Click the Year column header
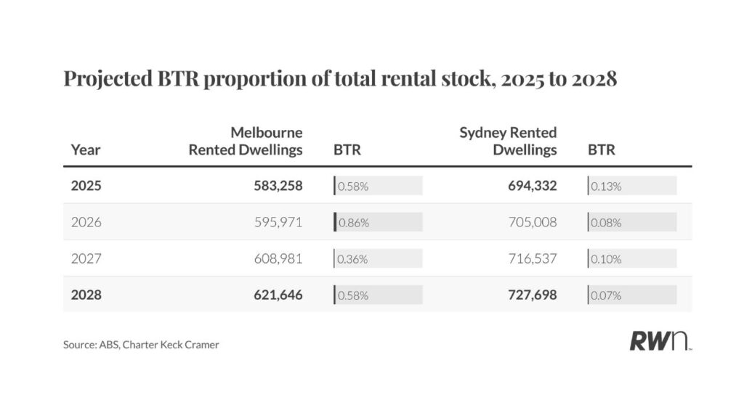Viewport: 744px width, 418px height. (x=86, y=150)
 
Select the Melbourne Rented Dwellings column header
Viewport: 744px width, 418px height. (x=246, y=142)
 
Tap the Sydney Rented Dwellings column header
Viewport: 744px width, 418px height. (x=508, y=142)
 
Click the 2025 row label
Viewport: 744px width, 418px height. (x=86, y=186)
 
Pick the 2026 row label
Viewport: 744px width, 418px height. (x=86, y=222)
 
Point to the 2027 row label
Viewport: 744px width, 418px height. (x=86, y=258)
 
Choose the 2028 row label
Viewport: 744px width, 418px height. (x=86, y=295)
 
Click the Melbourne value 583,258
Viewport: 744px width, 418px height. (x=274, y=186)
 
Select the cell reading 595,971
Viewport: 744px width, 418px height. (x=274, y=222)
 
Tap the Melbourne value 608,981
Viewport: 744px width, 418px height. (x=274, y=258)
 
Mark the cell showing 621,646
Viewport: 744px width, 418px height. (x=274, y=295)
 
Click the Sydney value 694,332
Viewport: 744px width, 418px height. (x=532, y=186)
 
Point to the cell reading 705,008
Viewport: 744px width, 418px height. (x=532, y=222)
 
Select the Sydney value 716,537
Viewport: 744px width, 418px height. (x=532, y=258)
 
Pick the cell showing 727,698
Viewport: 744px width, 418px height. (x=532, y=295)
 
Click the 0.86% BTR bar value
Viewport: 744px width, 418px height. (x=354, y=223)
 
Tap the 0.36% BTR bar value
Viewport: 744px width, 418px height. (x=354, y=259)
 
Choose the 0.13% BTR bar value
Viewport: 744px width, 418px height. (x=607, y=187)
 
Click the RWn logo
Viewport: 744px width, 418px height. (x=660, y=341)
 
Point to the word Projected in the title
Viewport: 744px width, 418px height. (x=108, y=78)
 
